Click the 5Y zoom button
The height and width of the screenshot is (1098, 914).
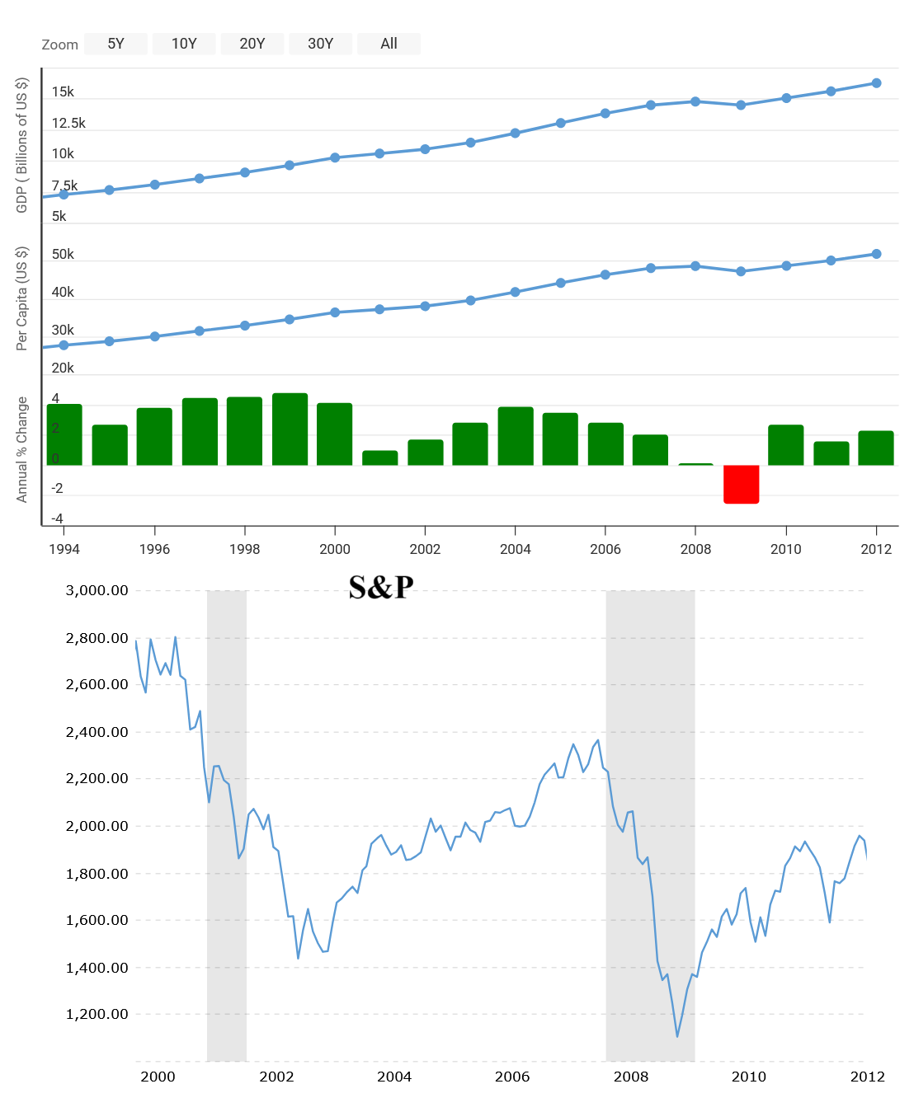pyautogui.click(x=115, y=44)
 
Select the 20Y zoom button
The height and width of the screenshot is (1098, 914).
pyautogui.click(x=252, y=44)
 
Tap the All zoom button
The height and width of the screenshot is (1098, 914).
pyautogui.click(x=389, y=44)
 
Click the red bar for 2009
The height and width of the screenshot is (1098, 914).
pyautogui.click(x=741, y=484)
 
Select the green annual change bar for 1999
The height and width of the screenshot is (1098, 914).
pyautogui.click(x=290, y=429)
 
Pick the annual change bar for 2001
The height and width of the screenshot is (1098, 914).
pyautogui.click(x=379, y=457)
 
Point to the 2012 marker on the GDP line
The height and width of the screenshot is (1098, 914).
pyautogui.click(x=876, y=83)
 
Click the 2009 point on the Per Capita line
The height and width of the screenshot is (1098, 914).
pyautogui.click(x=741, y=271)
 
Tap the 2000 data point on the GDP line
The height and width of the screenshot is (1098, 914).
pyautogui.click(x=335, y=157)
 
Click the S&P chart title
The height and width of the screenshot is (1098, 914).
pyautogui.click(x=380, y=587)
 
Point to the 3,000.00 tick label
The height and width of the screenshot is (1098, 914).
pyautogui.click(x=97, y=590)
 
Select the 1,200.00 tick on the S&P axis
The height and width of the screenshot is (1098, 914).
pyautogui.click(x=97, y=1014)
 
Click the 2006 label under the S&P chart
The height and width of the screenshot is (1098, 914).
pyautogui.click(x=512, y=1077)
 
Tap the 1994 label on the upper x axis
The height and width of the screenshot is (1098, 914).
pyautogui.click(x=64, y=549)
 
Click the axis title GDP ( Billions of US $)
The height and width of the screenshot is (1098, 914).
pyautogui.click(x=22, y=145)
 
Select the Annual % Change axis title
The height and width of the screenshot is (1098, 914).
pyautogui.click(x=22, y=449)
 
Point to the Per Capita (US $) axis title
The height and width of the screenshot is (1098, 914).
pyautogui.click(x=22, y=298)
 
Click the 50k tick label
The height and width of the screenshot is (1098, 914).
pyautogui.click(x=63, y=254)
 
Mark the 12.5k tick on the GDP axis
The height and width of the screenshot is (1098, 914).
pyautogui.click(x=68, y=123)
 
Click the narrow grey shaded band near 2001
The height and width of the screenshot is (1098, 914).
pyautogui.click(x=227, y=824)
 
